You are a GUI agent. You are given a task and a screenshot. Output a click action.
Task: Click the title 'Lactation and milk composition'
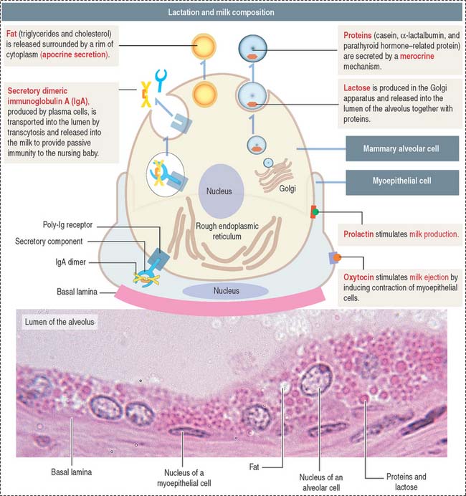click(232, 13)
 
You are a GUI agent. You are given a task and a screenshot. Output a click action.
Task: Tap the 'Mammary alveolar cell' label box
click(401, 151)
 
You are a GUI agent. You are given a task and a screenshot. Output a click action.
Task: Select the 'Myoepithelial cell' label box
click(401, 182)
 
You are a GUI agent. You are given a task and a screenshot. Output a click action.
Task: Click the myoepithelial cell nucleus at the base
click(221, 291)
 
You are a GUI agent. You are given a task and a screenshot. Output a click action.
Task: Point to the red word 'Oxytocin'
click(363, 277)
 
